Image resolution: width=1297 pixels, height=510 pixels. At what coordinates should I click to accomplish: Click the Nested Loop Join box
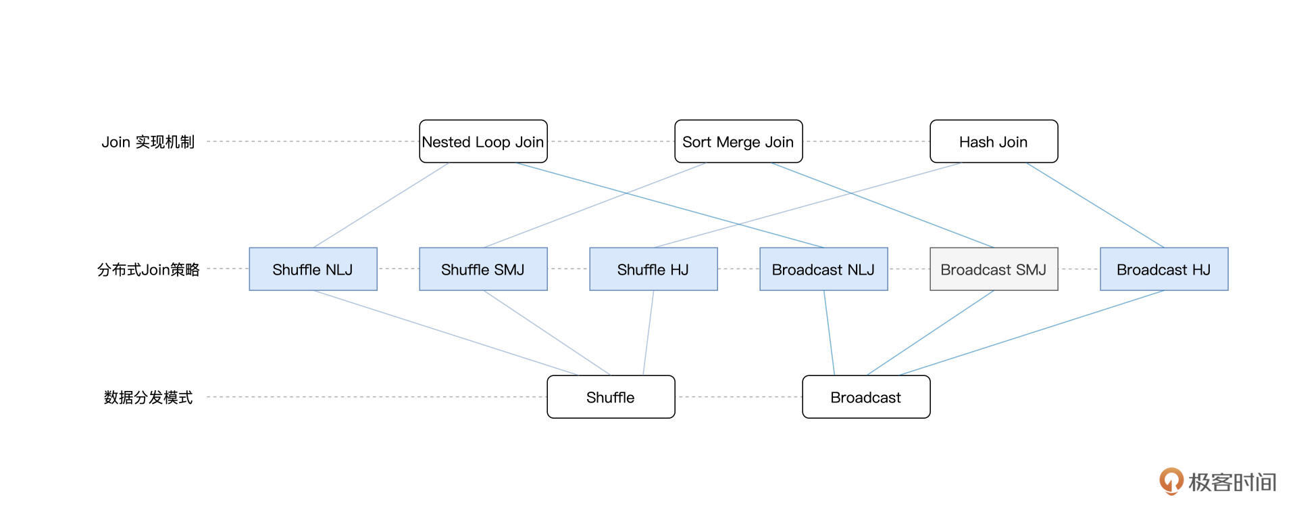[483, 141]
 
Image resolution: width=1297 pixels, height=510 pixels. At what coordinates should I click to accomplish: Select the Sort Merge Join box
[738, 141]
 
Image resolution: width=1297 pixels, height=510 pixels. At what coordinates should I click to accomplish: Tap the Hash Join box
[994, 141]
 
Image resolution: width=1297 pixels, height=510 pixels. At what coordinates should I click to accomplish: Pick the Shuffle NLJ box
[313, 269]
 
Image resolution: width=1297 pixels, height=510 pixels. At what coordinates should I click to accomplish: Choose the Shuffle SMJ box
[483, 269]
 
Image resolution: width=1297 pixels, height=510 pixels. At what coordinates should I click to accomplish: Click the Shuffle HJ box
[653, 269]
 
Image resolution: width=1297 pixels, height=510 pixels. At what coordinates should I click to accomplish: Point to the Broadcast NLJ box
[823, 269]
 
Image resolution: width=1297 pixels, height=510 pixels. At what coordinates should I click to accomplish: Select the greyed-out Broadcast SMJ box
[994, 269]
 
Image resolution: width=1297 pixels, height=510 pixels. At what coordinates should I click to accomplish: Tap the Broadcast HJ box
[1164, 269]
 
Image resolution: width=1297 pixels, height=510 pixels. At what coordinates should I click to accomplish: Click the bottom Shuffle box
[611, 397]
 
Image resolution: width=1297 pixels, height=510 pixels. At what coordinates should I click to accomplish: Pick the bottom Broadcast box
[866, 397]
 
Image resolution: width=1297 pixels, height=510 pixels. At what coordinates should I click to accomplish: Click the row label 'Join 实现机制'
[148, 142]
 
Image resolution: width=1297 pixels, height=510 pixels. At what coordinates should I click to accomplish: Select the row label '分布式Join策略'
[148, 270]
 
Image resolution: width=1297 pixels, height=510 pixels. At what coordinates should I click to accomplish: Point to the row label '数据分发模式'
[148, 397]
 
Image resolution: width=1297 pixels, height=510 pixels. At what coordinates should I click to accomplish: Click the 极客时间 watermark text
[1232, 482]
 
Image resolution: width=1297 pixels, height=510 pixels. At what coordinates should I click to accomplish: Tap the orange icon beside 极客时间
[1171, 481]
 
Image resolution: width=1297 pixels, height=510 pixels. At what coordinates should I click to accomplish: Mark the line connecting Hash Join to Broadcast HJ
[1095, 205]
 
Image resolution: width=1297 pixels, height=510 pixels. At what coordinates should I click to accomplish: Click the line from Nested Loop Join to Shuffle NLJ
[381, 205]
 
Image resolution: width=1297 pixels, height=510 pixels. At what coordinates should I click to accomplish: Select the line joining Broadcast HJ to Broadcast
[1032, 333]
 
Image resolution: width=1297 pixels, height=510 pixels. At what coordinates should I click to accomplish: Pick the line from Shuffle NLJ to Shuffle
[446, 333]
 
